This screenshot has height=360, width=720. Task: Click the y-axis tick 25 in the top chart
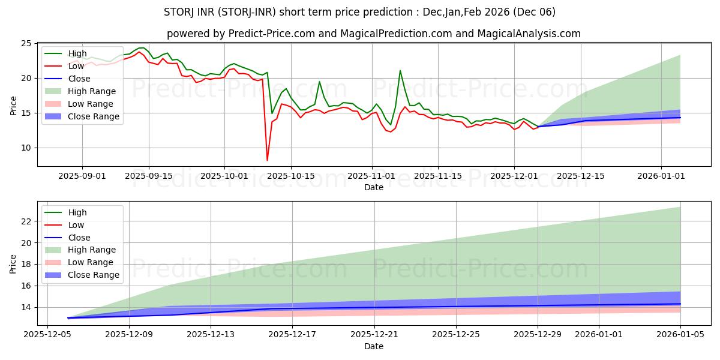click(x=25, y=44)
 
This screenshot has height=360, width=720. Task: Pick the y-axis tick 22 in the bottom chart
click(x=25, y=221)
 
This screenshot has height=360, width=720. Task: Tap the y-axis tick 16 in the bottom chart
click(x=25, y=286)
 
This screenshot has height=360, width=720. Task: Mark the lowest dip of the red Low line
click(x=267, y=160)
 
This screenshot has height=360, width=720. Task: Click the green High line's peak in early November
click(x=400, y=71)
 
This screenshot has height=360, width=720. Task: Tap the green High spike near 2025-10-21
click(x=319, y=82)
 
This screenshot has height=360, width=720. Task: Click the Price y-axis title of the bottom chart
click(x=13, y=263)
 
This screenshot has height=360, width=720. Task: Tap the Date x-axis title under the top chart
click(x=373, y=187)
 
